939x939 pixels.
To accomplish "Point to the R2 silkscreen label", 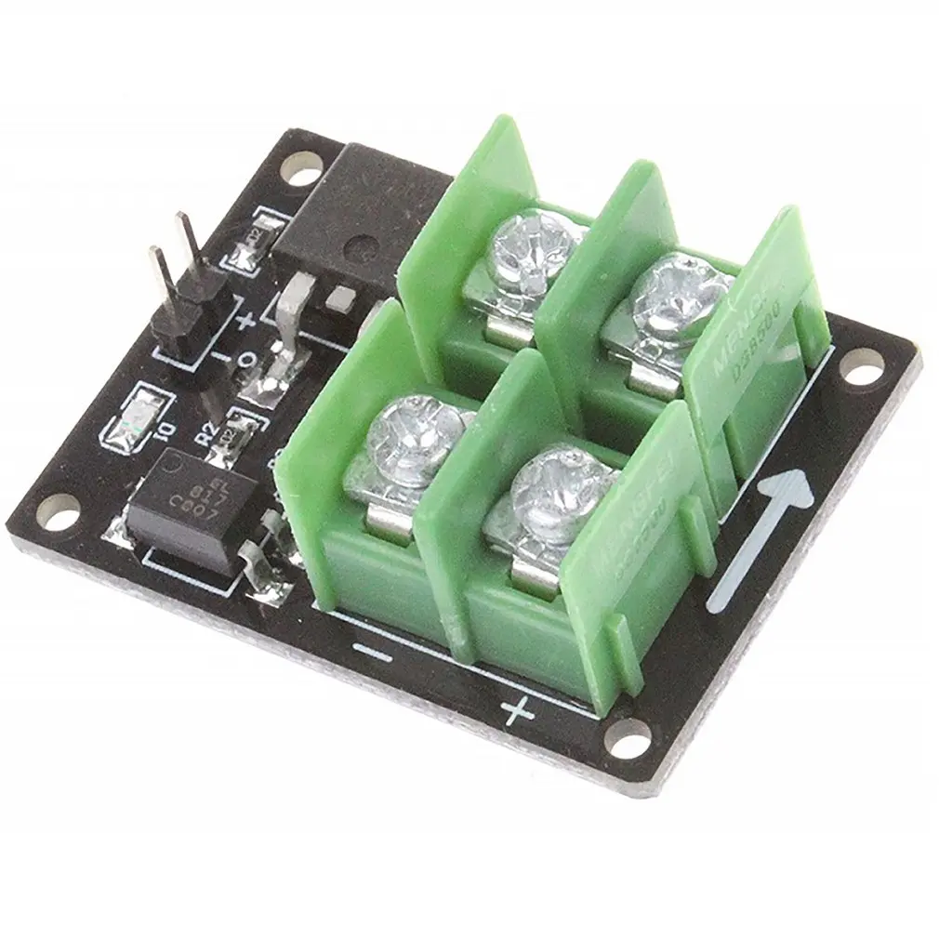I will (x=207, y=431).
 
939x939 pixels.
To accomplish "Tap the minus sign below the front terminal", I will (x=374, y=655).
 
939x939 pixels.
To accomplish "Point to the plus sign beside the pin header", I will (x=247, y=323).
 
